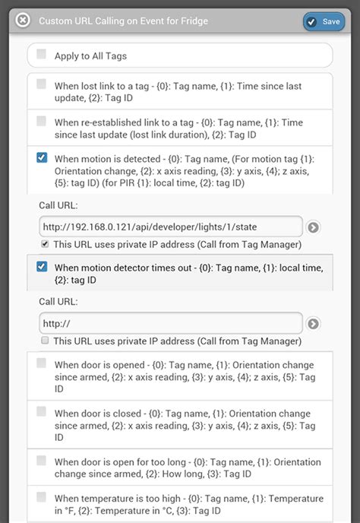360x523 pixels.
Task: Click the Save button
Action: pyautogui.click(x=324, y=22)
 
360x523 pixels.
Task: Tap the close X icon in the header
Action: pyautogui.click(x=23, y=21)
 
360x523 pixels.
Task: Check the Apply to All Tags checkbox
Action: pyautogui.click(x=41, y=54)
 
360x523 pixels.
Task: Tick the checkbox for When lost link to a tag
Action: pyautogui.click(x=41, y=84)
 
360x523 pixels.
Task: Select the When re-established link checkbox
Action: pyautogui.click(x=41, y=121)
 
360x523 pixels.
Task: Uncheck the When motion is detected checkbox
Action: pyautogui.click(x=42, y=157)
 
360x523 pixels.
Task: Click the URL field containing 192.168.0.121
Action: pyautogui.click(x=171, y=227)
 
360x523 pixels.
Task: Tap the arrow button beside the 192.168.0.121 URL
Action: pyautogui.click(x=313, y=227)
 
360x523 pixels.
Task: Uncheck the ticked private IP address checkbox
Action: pyautogui.click(x=45, y=244)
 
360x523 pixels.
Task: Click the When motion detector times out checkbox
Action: pyautogui.click(x=42, y=267)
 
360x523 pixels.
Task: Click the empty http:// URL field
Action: pyautogui.click(x=171, y=323)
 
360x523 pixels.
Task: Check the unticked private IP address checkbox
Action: pyautogui.click(x=45, y=341)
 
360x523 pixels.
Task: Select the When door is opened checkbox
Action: pyautogui.click(x=41, y=363)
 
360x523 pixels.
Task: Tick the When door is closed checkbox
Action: pyautogui.click(x=41, y=411)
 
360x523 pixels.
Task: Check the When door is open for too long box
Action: pyautogui.click(x=41, y=461)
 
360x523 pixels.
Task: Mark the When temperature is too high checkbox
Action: pyautogui.click(x=41, y=496)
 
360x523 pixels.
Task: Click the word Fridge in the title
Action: pyautogui.click(x=194, y=21)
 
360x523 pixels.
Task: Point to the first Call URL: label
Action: pyautogui.click(x=58, y=205)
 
